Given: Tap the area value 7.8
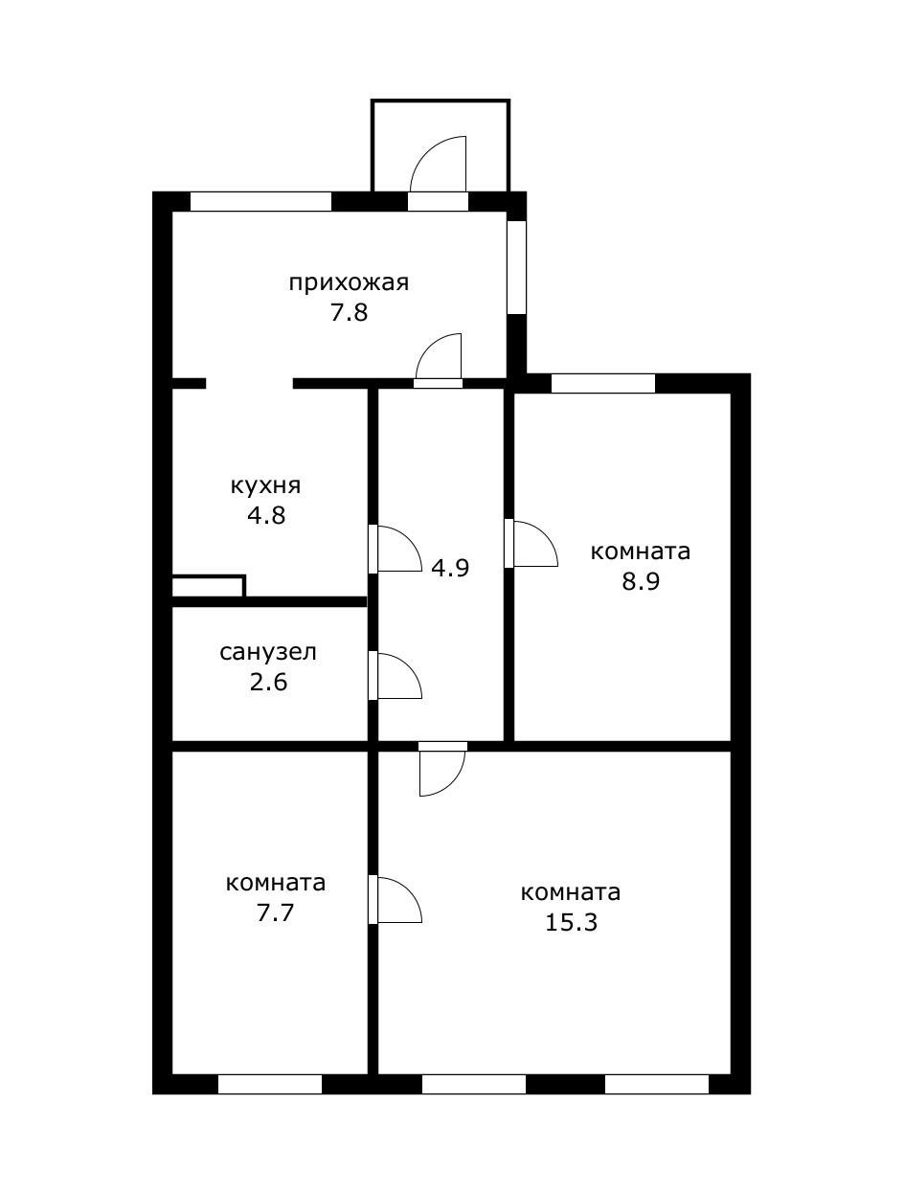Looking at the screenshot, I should click(349, 313).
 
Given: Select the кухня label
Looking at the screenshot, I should click(265, 485).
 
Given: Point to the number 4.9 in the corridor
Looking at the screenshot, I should click(449, 568).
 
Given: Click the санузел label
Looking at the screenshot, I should click(268, 653).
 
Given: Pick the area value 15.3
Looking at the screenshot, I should click(571, 923).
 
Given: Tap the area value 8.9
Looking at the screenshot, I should click(641, 582).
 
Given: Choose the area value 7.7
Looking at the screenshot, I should click(275, 912).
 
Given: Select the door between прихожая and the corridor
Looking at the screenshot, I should click(440, 359).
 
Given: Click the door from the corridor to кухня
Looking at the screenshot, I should click(396, 549).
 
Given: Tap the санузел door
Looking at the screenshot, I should click(396, 676).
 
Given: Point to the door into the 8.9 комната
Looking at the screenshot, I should click(532, 543).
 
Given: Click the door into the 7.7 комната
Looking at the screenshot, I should click(396, 899).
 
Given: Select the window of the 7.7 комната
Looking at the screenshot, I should click(270, 1084).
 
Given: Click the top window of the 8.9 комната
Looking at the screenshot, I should click(603, 383).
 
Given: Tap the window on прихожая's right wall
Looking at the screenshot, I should click(516, 267).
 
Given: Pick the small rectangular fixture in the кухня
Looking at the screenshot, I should click(208, 586).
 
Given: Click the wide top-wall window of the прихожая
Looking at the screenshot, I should click(260, 201).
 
